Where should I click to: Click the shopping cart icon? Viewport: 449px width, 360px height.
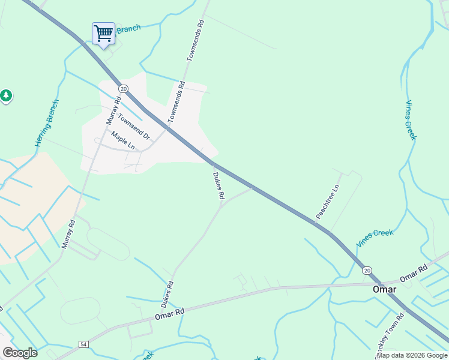click(103, 33)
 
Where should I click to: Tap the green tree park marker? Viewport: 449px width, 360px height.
click(5, 95)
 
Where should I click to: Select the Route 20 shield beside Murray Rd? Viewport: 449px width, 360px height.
click(123, 89)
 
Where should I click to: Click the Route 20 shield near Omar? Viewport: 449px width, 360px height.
click(367, 271)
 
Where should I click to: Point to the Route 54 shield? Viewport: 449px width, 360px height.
click(83, 344)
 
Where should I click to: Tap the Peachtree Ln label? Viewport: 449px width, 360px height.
click(328, 201)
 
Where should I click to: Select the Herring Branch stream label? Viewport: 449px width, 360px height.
click(47, 123)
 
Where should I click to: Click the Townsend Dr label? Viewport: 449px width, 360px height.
click(133, 127)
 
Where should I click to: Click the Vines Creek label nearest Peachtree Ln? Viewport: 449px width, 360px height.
click(375, 238)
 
